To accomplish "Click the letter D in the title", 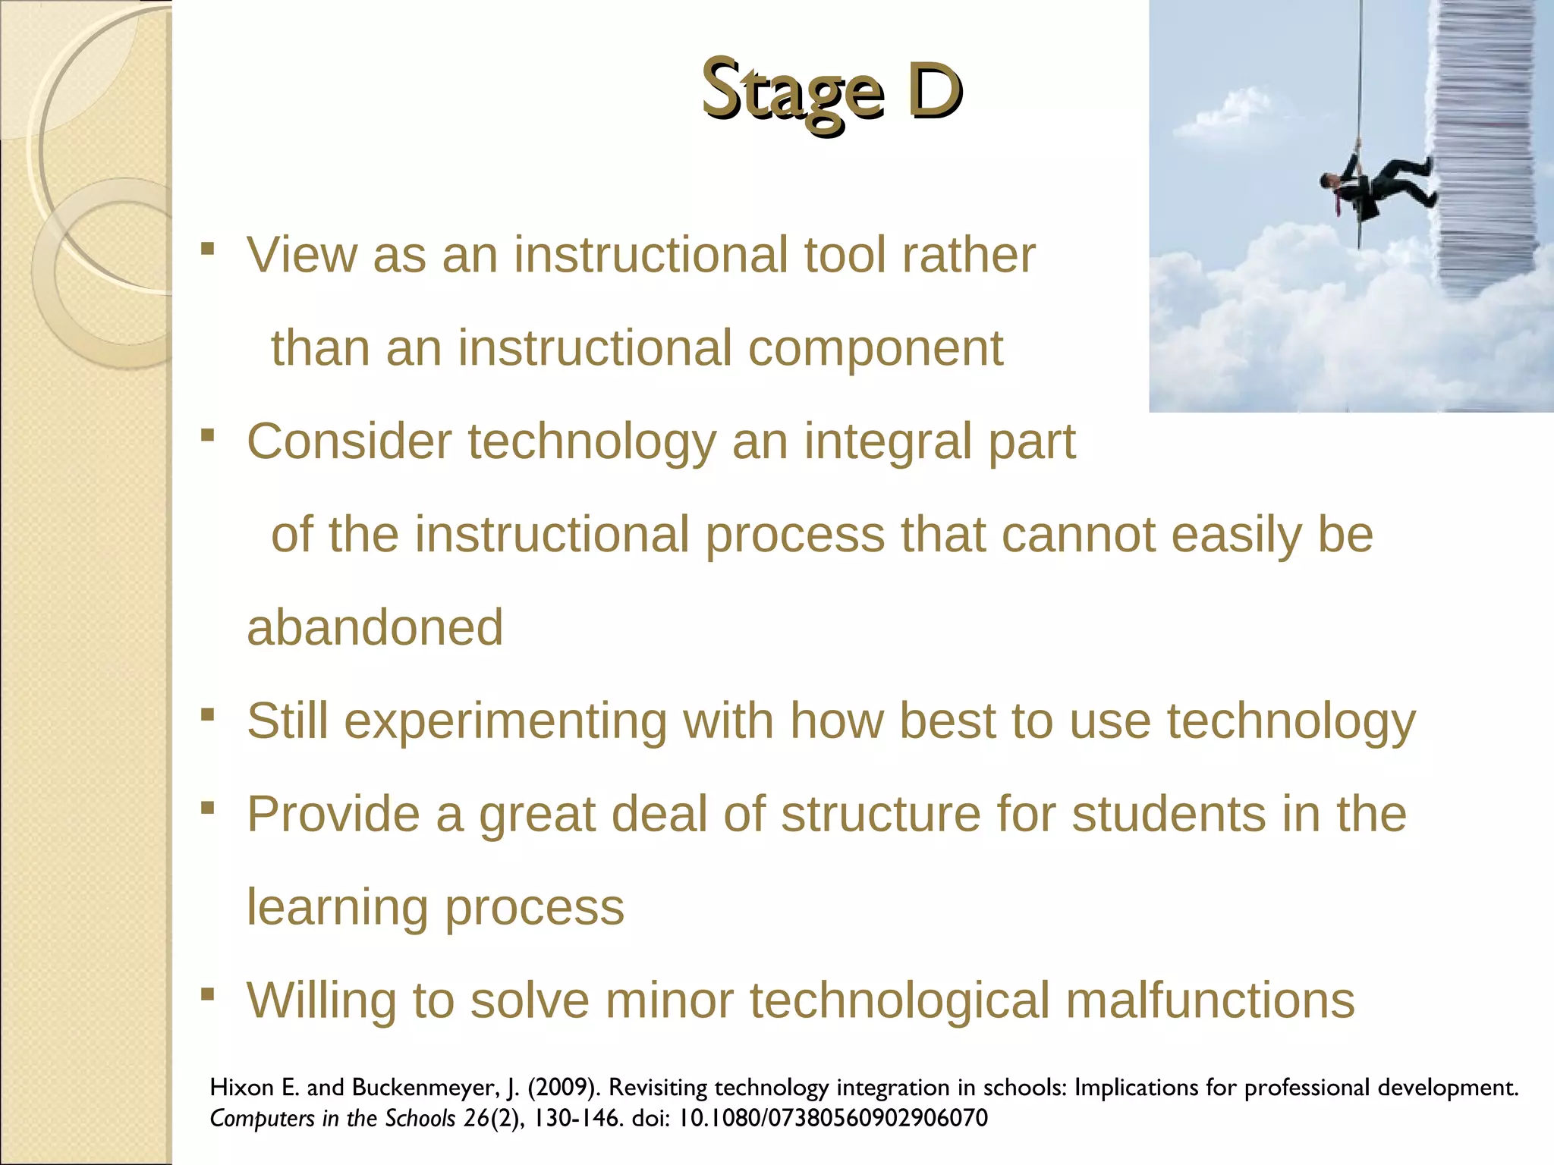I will point(935,91).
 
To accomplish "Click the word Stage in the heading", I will point(792,93).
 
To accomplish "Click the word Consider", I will point(348,442).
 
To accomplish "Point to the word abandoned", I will point(375,628).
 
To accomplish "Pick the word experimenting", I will point(505,722).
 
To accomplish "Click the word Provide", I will point(333,815).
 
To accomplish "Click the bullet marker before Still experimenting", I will point(208,714).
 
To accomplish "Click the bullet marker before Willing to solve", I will point(208,994).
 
